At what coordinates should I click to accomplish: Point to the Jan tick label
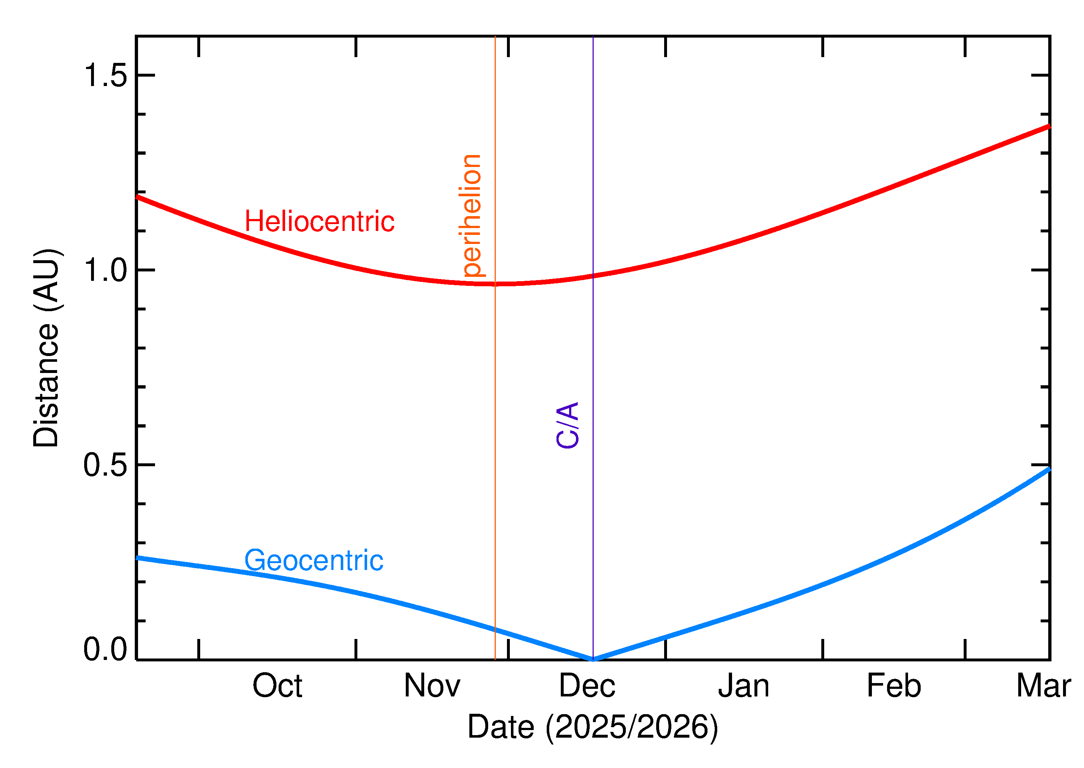click(x=744, y=687)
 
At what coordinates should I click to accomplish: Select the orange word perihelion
click(x=471, y=215)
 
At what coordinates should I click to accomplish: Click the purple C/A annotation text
click(x=568, y=425)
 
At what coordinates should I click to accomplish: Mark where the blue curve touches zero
click(x=593, y=659)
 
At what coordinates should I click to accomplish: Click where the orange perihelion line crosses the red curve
click(x=495, y=284)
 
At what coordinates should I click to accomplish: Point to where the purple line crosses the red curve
click(x=593, y=276)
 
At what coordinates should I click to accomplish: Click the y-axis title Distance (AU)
click(x=46, y=348)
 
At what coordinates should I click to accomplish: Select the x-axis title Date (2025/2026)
click(x=592, y=727)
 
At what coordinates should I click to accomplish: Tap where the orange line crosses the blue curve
click(x=495, y=630)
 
